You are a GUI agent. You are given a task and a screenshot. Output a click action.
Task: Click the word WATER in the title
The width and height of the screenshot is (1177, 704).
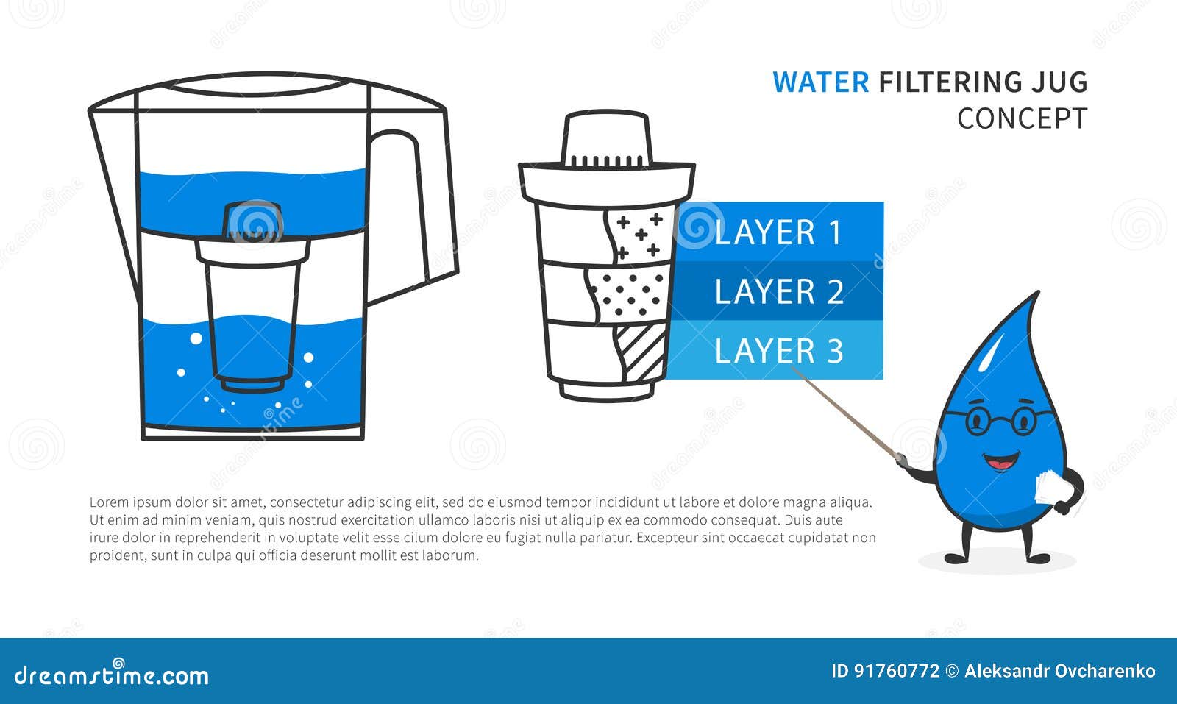pos(820,82)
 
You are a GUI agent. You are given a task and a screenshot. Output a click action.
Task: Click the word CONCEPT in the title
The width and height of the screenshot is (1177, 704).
pos(1022,118)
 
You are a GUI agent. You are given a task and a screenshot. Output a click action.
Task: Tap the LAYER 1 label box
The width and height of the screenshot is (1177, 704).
pos(778,232)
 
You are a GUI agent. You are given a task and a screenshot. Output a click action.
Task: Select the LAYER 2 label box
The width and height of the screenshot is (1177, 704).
pos(778,291)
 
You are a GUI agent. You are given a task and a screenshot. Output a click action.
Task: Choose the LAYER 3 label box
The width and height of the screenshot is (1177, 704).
pos(778,350)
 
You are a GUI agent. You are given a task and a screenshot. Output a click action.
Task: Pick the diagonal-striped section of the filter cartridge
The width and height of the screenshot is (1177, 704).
pos(641,351)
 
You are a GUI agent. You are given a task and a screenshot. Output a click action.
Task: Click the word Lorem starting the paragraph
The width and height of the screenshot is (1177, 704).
pos(108,503)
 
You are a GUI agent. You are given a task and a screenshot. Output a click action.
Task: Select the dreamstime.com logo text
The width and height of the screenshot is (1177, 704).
pos(112,675)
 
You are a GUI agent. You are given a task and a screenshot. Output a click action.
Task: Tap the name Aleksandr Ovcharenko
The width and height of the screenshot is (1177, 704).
pos(1059,671)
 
